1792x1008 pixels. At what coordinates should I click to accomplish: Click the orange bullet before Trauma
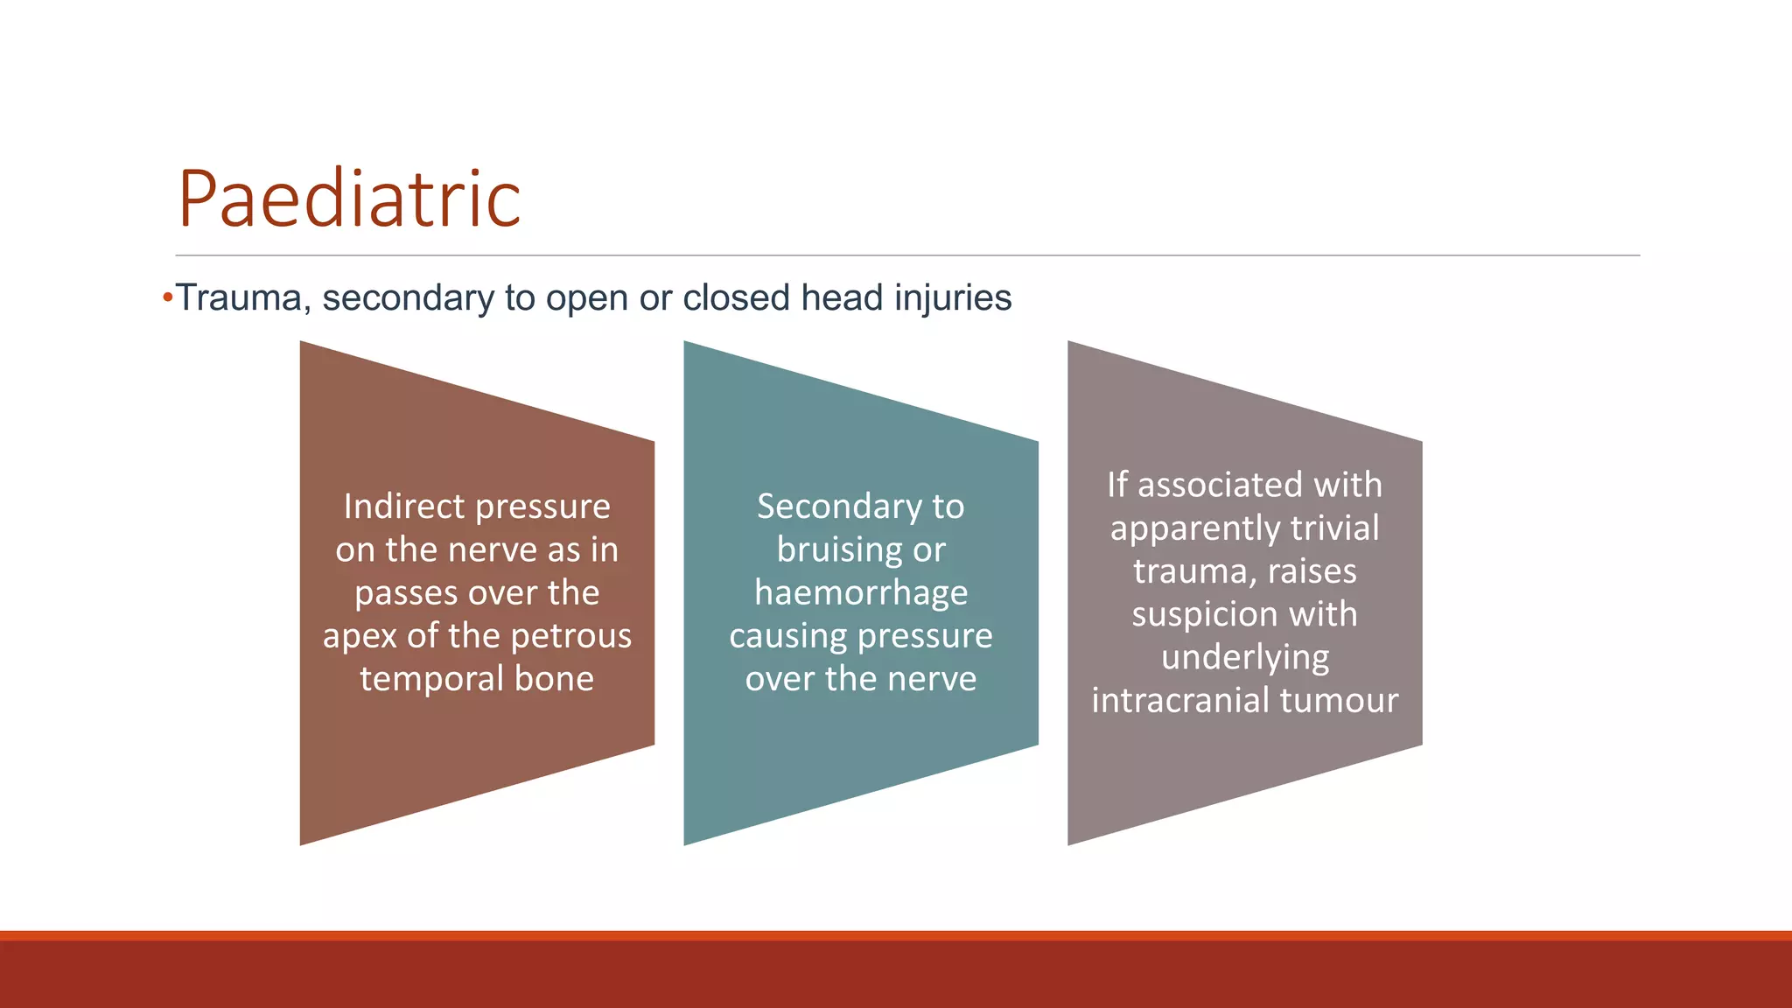pyautogui.click(x=167, y=298)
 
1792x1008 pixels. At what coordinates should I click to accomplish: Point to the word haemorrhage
pyautogui.click(x=861, y=593)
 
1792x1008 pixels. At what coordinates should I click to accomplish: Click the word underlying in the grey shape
pyautogui.click(x=1244, y=658)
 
